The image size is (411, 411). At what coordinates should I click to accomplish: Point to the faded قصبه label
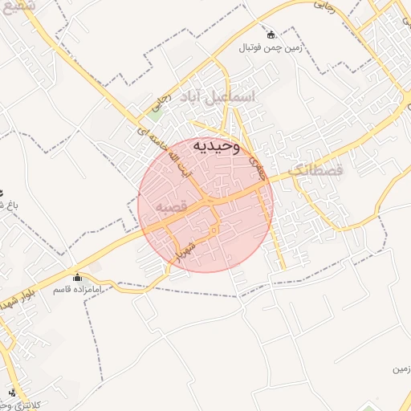(171, 206)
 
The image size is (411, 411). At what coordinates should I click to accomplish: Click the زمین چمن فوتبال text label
(269, 48)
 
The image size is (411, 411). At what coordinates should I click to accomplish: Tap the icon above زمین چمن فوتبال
(270, 34)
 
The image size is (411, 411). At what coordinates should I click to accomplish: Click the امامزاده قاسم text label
(77, 289)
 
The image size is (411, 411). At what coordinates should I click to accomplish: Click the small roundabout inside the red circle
(214, 231)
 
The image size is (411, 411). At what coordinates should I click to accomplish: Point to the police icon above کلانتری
(11, 393)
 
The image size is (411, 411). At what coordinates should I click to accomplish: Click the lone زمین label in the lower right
(401, 369)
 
